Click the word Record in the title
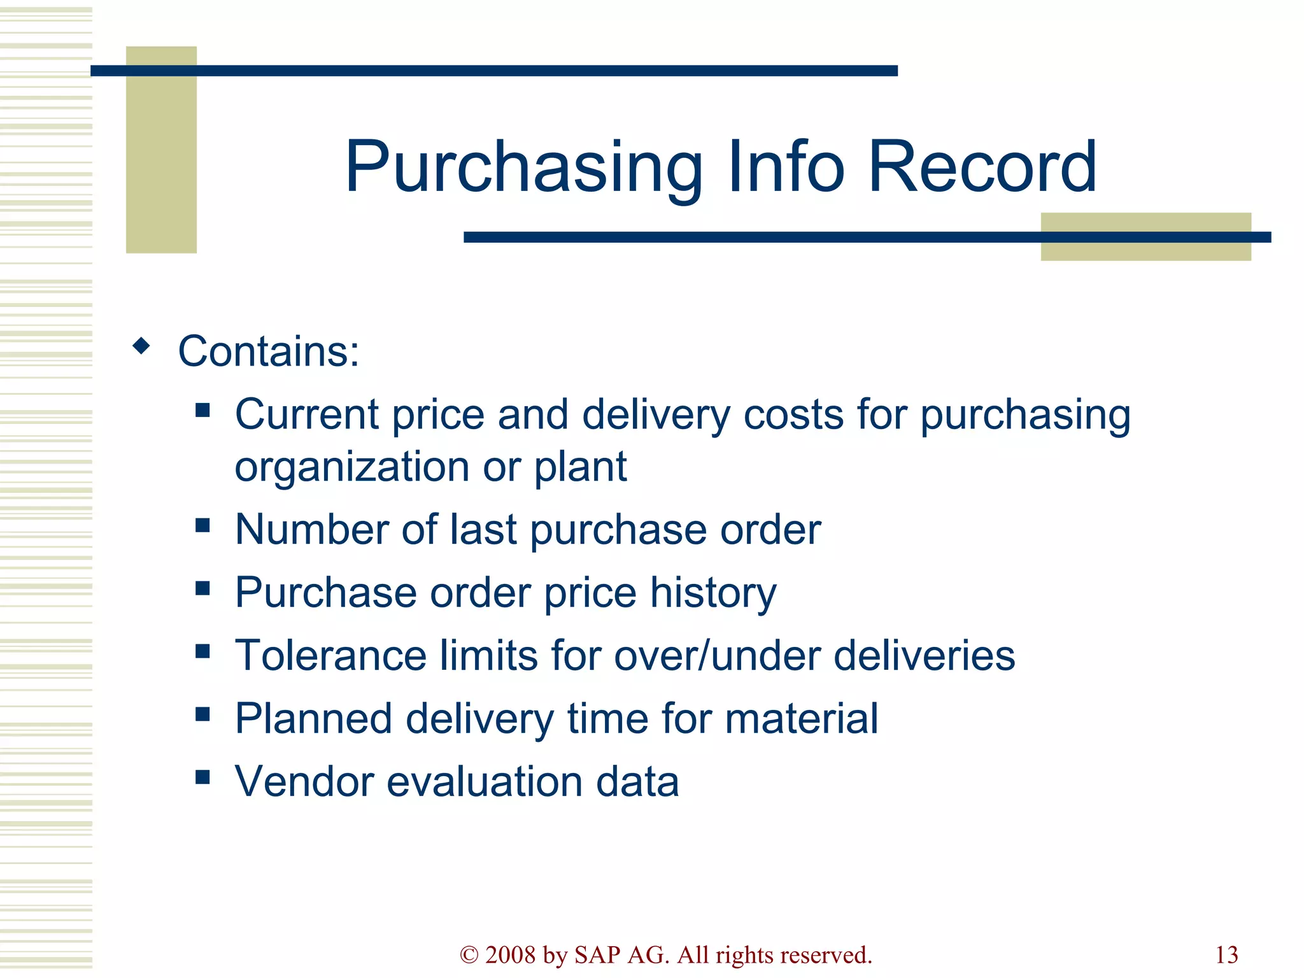point(982,167)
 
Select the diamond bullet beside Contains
point(141,346)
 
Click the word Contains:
point(268,351)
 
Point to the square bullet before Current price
point(202,410)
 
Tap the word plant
point(580,467)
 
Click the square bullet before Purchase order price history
point(202,588)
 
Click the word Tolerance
point(330,656)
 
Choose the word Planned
point(313,719)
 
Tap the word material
point(802,719)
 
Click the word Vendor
point(304,782)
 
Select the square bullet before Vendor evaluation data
point(202,777)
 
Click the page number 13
point(1226,955)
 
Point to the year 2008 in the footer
point(510,955)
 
